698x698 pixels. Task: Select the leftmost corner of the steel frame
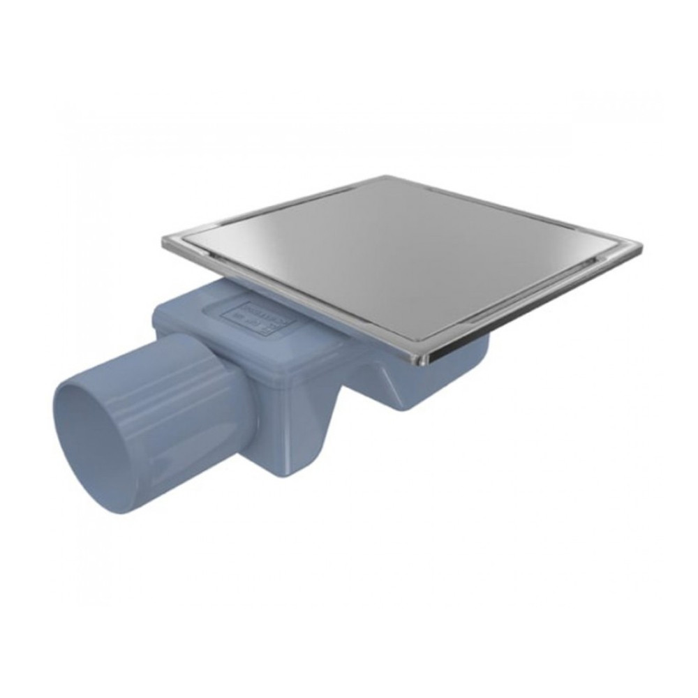click(x=164, y=241)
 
